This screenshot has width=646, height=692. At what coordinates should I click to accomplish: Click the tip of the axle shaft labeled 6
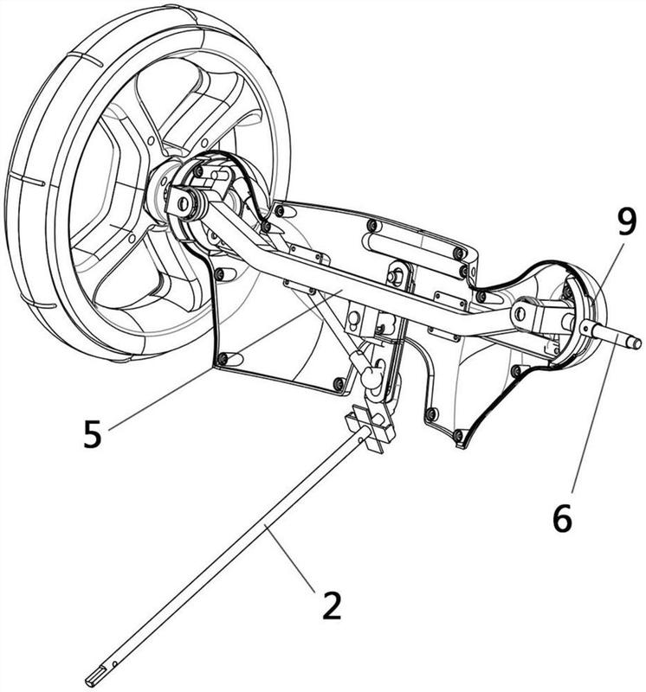pyautogui.click(x=636, y=343)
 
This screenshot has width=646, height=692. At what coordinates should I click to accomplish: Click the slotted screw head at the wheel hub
pyautogui.click(x=184, y=203)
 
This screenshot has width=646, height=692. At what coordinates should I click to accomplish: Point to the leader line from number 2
pyautogui.click(x=289, y=556)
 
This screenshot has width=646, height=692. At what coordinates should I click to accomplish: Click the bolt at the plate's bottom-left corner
pyautogui.click(x=223, y=358)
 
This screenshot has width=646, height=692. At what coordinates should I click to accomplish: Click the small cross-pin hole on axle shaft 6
pyautogui.click(x=585, y=327)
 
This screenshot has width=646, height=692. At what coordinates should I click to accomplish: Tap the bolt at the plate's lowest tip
pyautogui.click(x=458, y=436)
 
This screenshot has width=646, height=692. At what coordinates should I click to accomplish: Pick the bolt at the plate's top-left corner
pyautogui.click(x=279, y=211)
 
